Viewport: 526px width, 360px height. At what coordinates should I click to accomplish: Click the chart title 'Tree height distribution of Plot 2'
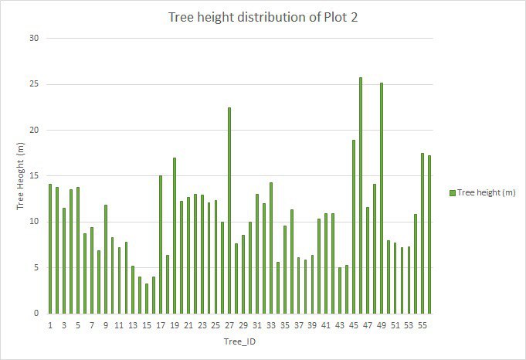coord(263,18)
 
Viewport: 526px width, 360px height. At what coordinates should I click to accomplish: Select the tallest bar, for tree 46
coord(361,195)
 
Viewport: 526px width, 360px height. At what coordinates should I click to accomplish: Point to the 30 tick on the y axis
coord(35,38)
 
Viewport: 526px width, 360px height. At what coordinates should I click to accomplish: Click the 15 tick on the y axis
coord(35,176)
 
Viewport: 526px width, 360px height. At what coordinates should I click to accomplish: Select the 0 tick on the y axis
coord(37,314)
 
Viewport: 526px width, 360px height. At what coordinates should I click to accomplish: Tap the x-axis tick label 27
coord(229,326)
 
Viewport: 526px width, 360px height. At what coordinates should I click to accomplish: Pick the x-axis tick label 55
coord(422,326)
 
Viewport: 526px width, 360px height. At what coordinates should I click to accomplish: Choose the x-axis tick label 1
coord(50,326)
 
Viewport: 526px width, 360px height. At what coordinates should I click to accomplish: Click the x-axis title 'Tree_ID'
coord(239,342)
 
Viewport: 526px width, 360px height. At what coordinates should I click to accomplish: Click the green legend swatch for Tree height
coord(451,192)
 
